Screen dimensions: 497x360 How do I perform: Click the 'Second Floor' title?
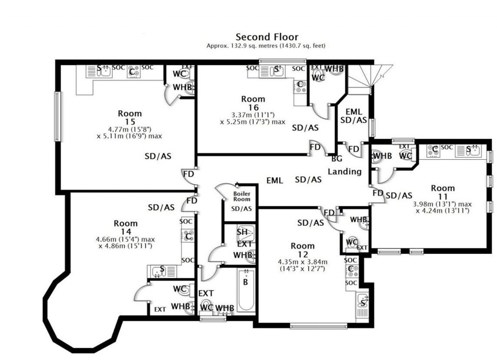point(267,37)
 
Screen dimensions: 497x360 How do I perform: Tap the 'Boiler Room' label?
point(242,196)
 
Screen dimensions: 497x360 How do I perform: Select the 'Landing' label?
point(345,172)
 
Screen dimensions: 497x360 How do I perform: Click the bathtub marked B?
point(247,290)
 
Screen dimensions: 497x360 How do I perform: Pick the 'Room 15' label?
point(130,117)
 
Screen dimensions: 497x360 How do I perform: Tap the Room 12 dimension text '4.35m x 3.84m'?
point(303,262)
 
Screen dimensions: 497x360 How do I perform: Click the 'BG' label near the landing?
point(337,159)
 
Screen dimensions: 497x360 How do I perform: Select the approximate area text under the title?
point(266,46)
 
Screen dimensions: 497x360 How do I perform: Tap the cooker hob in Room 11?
point(433,150)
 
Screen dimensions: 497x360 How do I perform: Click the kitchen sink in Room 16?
point(272,71)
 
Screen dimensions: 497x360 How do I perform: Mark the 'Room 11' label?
point(443,192)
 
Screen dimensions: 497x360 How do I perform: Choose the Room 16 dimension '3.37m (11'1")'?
point(253,115)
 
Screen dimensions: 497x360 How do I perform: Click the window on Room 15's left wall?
point(57,116)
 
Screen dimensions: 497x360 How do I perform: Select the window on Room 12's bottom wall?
point(318,326)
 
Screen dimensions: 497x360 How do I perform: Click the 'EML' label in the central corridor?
point(275,180)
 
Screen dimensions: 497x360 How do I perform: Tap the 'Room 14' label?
point(126,228)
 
